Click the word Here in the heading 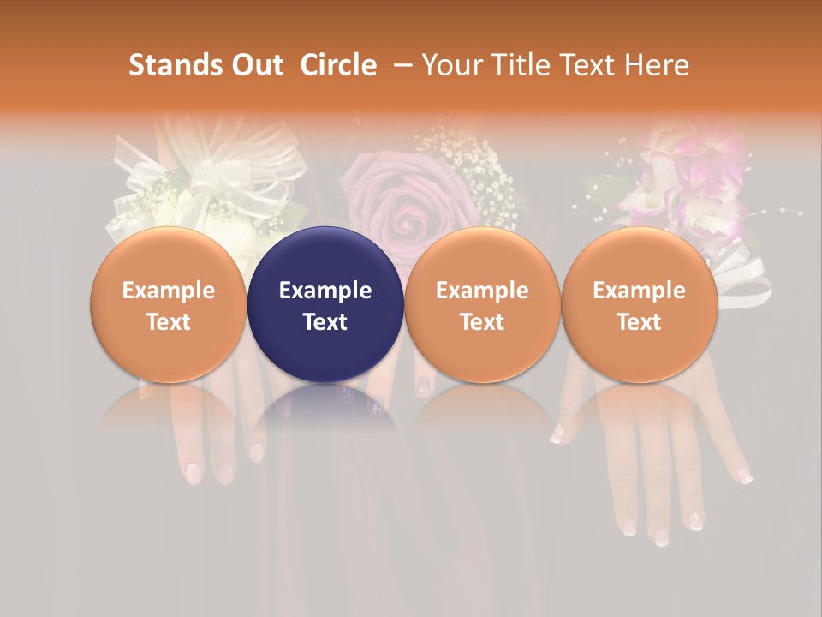(x=657, y=65)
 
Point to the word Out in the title (x=256, y=65)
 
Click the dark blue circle (x=325, y=304)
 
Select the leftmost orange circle (x=168, y=304)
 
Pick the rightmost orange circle (x=639, y=304)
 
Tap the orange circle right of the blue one (x=482, y=304)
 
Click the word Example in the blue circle (x=325, y=291)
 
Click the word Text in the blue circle (x=325, y=322)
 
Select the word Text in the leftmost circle (x=168, y=322)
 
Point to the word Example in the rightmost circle (x=639, y=291)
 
